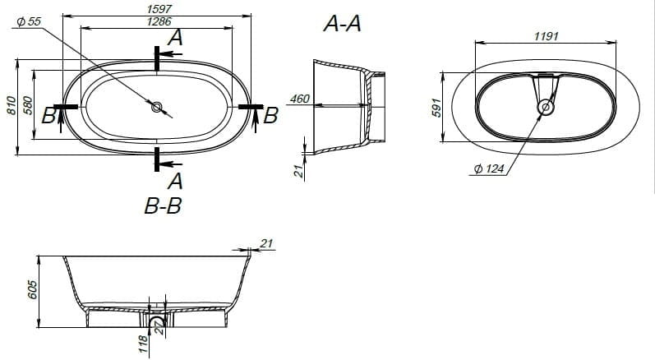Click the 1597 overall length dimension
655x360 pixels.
click(160, 9)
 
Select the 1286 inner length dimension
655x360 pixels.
click(159, 21)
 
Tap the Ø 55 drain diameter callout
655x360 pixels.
click(29, 21)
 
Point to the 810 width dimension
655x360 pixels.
click(12, 106)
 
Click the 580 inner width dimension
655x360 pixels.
click(28, 106)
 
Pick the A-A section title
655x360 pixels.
click(342, 23)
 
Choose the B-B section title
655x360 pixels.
click(163, 205)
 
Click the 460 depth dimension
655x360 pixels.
click(300, 99)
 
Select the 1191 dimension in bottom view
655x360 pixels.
click(547, 36)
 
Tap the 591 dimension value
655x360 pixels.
click(436, 108)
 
